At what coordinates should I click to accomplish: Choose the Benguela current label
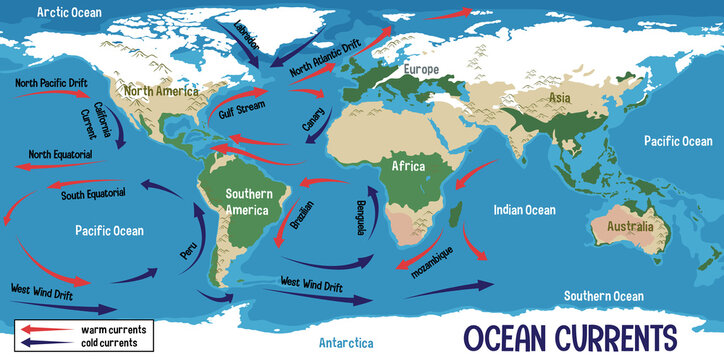click(x=357, y=219)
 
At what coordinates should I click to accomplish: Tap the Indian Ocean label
click(x=524, y=210)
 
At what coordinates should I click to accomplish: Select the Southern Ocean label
click(x=603, y=296)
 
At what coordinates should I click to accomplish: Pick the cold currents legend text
click(x=113, y=342)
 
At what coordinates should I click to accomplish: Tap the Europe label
click(x=422, y=69)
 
